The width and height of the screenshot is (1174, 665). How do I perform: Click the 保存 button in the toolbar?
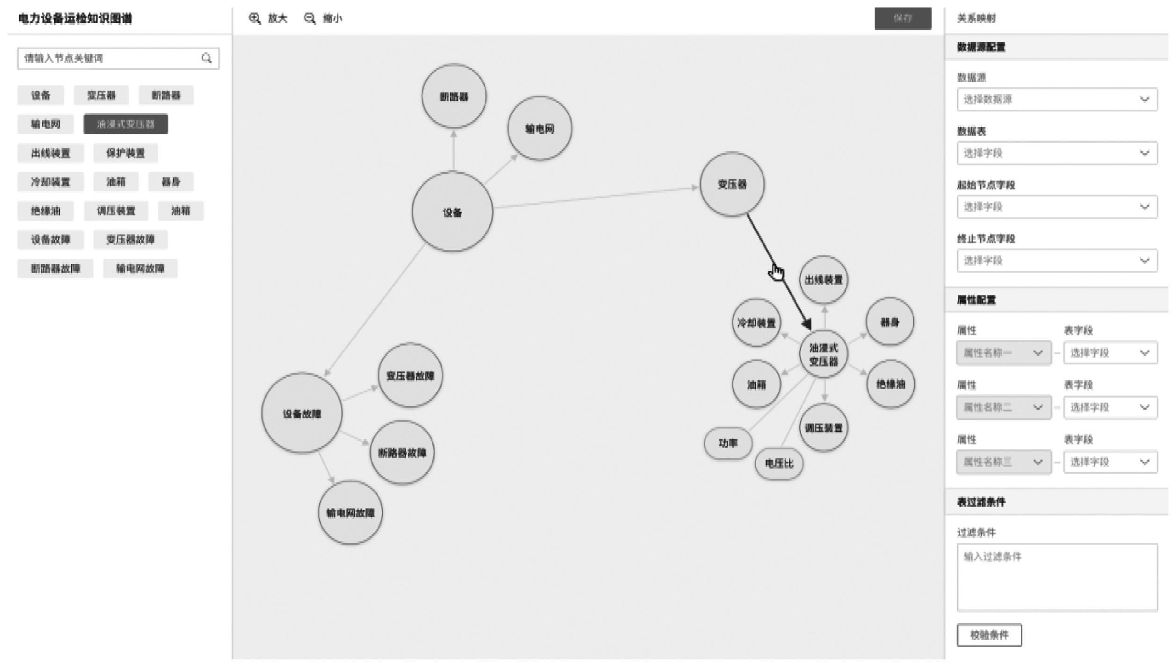(x=903, y=19)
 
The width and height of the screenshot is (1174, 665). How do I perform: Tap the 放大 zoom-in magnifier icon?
(x=255, y=19)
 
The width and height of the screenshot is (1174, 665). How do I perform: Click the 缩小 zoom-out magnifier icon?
(x=310, y=19)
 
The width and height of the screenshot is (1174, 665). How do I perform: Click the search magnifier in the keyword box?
(x=206, y=58)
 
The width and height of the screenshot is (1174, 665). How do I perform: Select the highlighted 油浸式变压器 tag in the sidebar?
(x=125, y=124)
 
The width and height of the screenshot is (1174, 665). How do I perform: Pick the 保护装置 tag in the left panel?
(x=125, y=153)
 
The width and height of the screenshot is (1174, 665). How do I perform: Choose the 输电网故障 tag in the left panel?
(x=140, y=268)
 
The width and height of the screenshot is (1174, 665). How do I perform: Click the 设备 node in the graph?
(x=452, y=212)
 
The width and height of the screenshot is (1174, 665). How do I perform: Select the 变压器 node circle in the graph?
(x=732, y=184)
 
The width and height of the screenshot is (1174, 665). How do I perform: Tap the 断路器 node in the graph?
(x=453, y=96)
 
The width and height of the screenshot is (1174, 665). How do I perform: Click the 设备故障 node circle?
(x=302, y=413)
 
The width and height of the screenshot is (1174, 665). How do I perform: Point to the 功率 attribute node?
(x=728, y=443)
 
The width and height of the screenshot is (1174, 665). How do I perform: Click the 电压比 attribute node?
(x=779, y=463)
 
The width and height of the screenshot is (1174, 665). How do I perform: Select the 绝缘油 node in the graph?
(x=890, y=384)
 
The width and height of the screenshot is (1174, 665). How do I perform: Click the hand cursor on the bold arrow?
(x=777, y=272)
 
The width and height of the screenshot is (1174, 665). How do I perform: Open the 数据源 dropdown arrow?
(x=1144, y=99)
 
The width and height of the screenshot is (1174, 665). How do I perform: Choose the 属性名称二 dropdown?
(x=1003, y=407)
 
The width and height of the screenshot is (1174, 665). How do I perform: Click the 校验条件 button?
(x=989, y=635)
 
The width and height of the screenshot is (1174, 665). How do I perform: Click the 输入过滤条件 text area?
(x=1057, y=577)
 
